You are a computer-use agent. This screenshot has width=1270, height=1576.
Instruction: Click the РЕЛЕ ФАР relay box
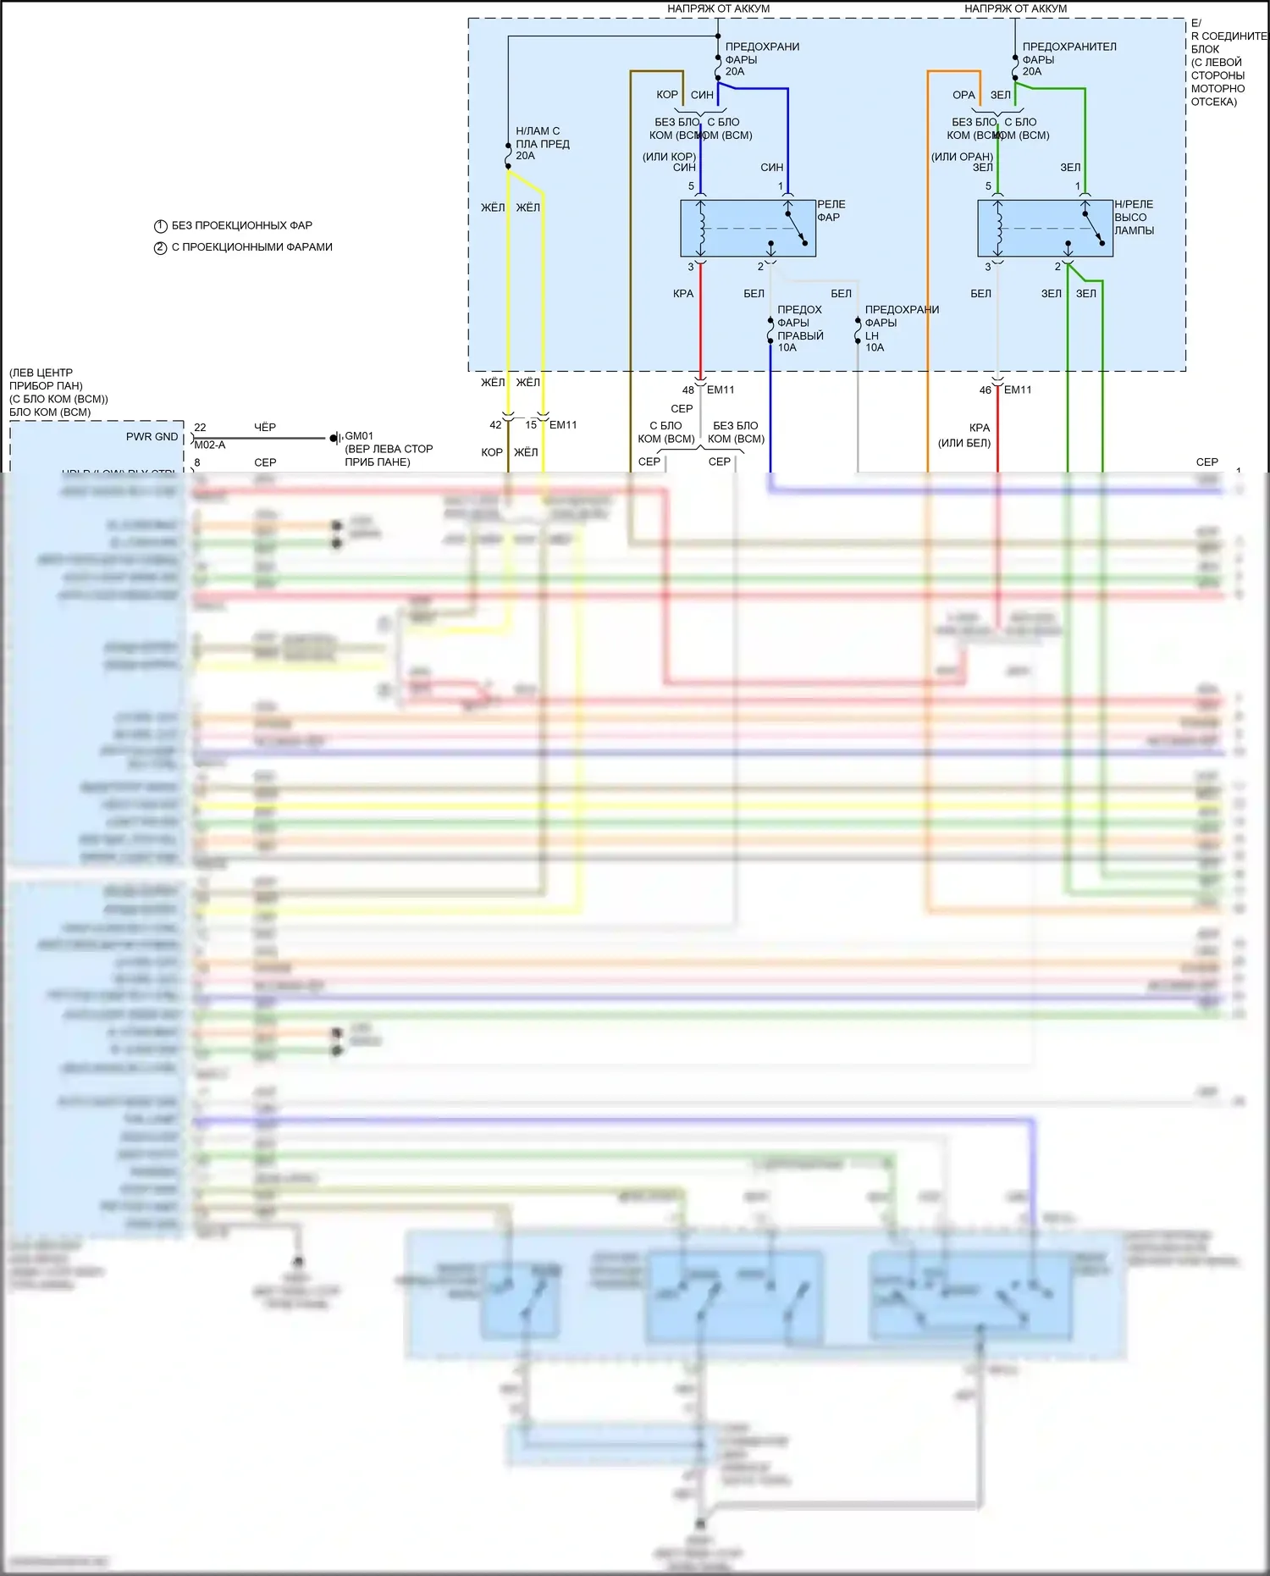748,228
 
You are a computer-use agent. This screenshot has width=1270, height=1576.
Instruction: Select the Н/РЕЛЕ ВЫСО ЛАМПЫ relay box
1045,228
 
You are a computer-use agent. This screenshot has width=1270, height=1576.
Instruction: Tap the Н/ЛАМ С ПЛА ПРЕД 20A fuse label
542,143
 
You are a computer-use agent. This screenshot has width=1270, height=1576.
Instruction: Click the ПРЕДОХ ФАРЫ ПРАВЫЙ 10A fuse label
799,329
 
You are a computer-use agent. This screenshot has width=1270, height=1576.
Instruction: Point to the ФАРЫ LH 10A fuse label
881,335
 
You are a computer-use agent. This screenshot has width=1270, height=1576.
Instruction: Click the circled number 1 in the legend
160,226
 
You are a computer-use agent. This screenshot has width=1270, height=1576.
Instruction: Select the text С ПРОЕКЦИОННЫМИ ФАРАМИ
251,247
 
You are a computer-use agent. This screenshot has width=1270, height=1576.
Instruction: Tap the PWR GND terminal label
152,437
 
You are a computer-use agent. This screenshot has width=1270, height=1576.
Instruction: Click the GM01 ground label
359,436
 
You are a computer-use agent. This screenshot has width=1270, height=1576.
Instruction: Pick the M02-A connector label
210,445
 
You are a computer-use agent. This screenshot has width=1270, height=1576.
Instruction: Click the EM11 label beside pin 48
721,390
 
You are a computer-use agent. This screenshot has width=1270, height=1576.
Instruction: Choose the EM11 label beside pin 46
1018,390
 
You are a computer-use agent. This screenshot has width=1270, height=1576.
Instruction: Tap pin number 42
495,425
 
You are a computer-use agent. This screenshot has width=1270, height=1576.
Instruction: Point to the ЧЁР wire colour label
265,428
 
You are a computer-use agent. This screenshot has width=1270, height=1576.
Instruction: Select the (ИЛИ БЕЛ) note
964,443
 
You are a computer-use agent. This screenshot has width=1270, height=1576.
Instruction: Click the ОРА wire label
964,95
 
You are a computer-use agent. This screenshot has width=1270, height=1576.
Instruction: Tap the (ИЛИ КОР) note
669,157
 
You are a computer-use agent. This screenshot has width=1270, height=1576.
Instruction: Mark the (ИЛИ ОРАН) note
962,157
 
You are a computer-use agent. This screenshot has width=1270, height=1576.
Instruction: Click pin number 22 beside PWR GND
200,428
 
